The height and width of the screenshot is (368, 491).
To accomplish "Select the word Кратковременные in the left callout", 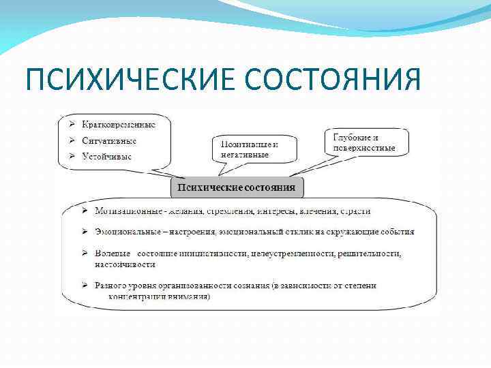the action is point(119,125).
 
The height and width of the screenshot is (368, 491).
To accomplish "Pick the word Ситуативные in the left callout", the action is point(109,140).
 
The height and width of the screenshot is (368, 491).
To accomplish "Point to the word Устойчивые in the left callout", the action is point(107,156).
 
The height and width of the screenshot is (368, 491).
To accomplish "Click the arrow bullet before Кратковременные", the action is point(72,125).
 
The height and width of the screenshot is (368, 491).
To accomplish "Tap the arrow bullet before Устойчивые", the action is point(72,156).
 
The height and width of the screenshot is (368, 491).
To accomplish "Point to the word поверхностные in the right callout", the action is point(364,148).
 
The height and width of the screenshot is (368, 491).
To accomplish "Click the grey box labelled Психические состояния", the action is point(236,187).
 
